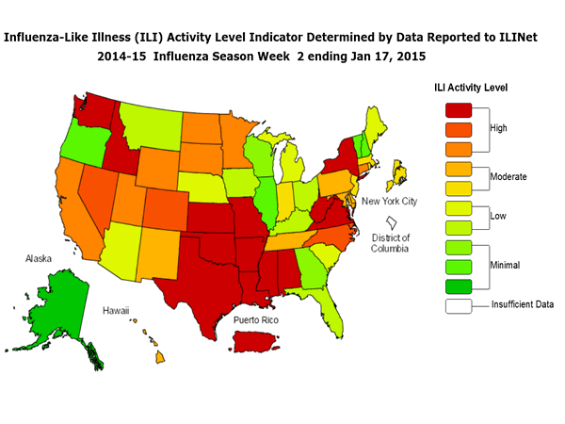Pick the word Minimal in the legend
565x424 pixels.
click(508, 266)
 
